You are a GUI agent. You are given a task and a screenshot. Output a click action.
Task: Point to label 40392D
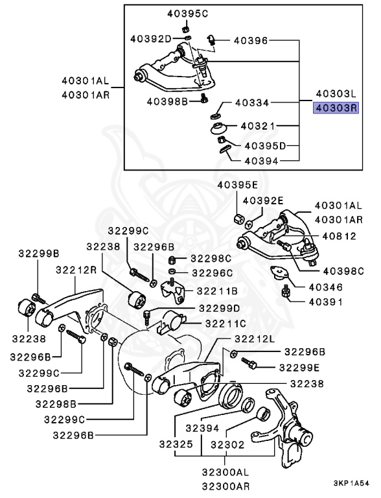tap(151, 40)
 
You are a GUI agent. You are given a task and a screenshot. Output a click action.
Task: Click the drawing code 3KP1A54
tap(351, 484)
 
